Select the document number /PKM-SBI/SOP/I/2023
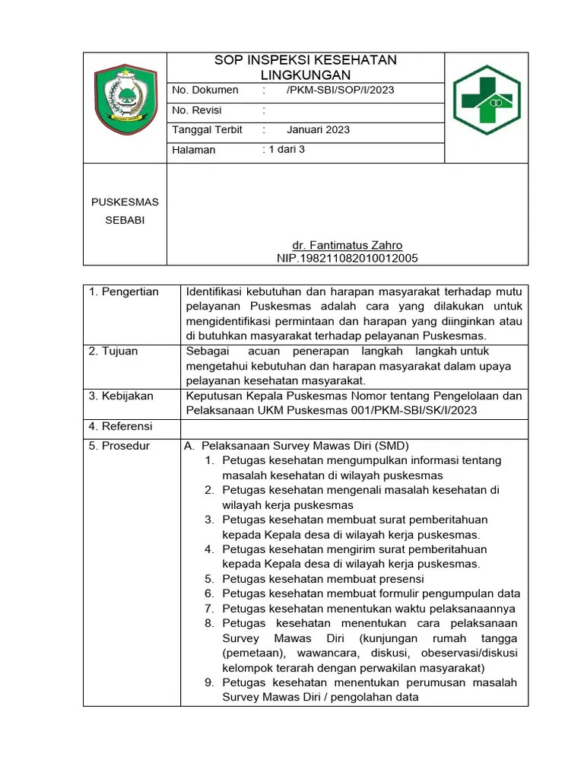click(340, 90)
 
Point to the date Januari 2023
click(318, 129)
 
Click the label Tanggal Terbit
click(208, 129)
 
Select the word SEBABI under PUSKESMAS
click(125, 221)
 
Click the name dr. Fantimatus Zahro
click(348, 245)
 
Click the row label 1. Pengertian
click(124, 292)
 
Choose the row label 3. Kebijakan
click(122, 396)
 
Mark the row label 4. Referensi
click(121, 425)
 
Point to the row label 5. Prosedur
click(119, 446)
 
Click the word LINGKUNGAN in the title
click(305, 75)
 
